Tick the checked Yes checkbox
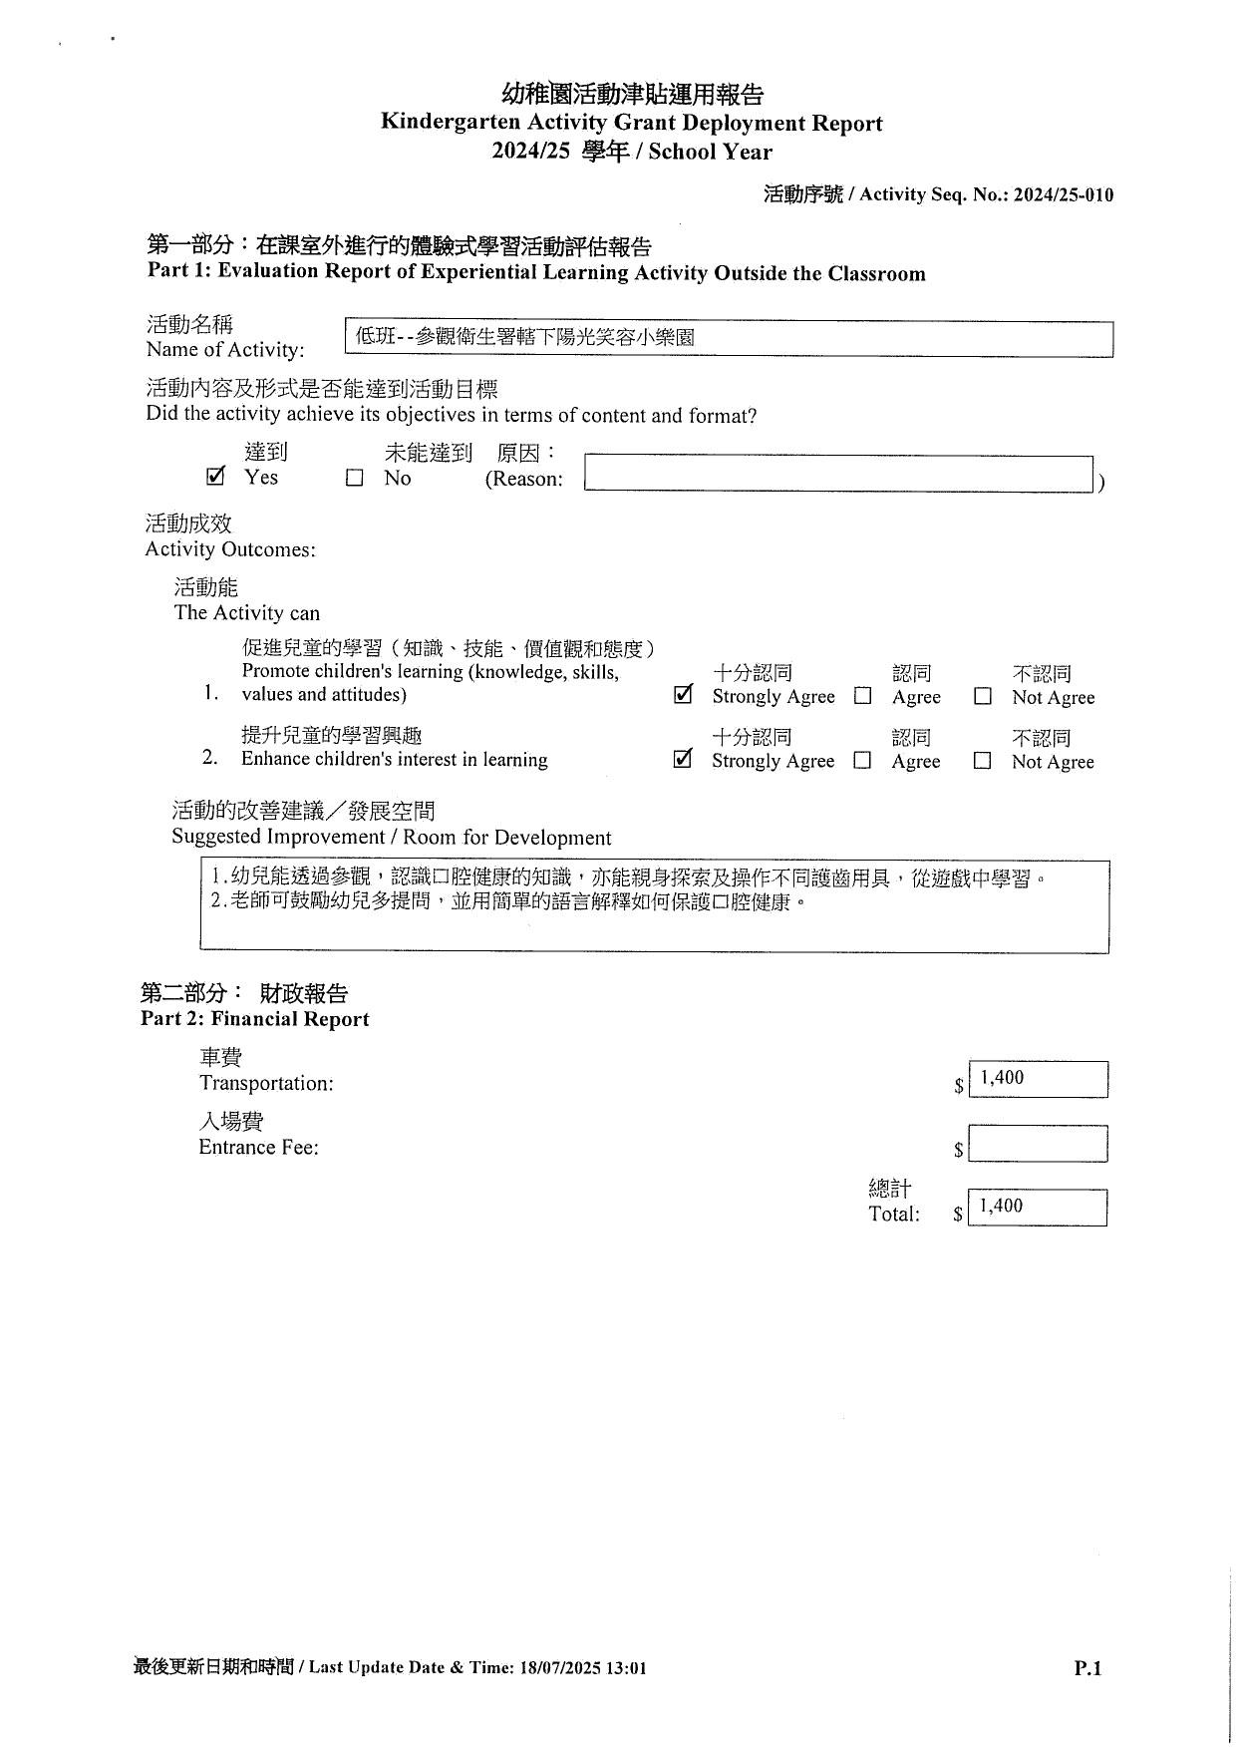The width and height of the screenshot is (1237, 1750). [x=215, y=477]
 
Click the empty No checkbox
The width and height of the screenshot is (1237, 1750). [x=354, y=479]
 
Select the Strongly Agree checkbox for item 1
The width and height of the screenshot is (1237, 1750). [x=683, y=695]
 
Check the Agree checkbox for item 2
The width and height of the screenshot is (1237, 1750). [x=863, y=761]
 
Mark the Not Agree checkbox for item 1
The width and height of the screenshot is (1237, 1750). [x=983, y=697]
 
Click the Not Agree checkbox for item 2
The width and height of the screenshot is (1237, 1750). [x=983, y=761]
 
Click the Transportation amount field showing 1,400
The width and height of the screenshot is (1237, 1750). [x=1038, y=1079]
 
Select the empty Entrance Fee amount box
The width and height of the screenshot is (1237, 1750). [x=1038, y=1144]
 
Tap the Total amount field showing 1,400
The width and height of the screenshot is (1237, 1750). [x=1038, y=1208]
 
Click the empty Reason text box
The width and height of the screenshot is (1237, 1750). [x=838, y=474]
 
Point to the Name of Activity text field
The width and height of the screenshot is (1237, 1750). [x=729, y=338]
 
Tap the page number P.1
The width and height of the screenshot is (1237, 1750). [x=1087, y=1668]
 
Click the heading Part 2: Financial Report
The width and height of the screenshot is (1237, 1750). [x=255, y=1019]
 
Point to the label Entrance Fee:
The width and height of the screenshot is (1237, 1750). [x=259, y=1148]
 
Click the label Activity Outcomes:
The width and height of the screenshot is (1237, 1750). [x=230, y=549]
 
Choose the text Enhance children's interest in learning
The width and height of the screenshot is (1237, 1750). [x=395, y=760]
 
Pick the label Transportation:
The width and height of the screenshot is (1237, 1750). [x=266, y=1084]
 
